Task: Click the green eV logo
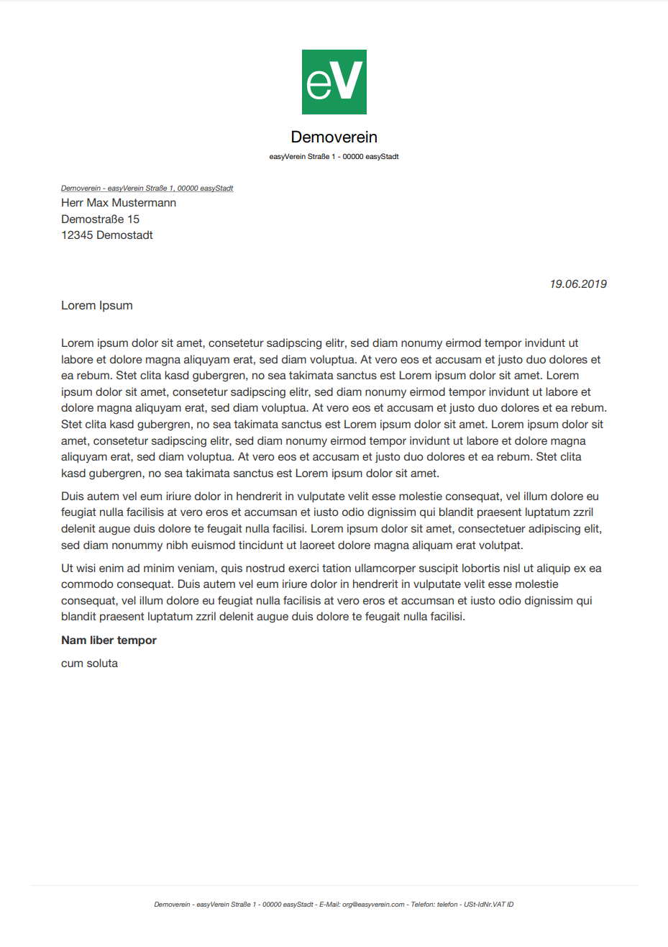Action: (x=334, y=82)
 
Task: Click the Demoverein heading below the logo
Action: (x=334, y=137)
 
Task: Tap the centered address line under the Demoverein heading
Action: (x=334, y=157)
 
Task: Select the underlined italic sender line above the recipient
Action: (x=147, y=189)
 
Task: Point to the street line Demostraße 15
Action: (x=100, y=219)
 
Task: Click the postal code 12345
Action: (x=77, y=235)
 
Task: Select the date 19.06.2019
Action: (x=577, y=284)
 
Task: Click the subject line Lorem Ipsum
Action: (x=96, y=306)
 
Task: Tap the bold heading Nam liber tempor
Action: (x=109, y=640)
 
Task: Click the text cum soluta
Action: (x=89, y=663)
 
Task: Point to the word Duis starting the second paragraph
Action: (x=72, y=497)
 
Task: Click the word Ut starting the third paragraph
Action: (x=67, y=568)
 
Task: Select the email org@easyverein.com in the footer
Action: (x=373, y=905)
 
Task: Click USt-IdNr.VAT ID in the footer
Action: (x=488, y=905)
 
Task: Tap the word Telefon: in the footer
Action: (x=423, y=905)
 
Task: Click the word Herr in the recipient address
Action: (x=72, y=203)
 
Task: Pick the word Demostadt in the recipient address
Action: (x=124, y=235)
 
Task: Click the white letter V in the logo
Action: (x=349, y=81)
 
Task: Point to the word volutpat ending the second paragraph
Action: (x=500, y=545)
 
